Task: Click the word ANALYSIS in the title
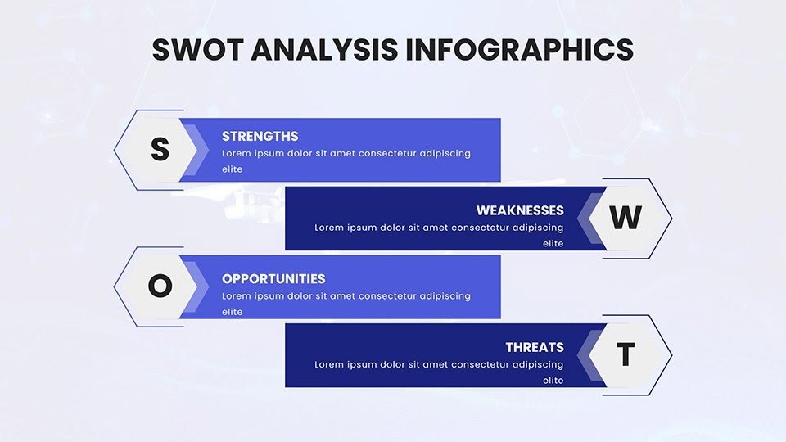[x=324, y=50]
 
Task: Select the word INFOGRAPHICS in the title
[x=519, y=50]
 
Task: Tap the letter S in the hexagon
[x=160, y=149]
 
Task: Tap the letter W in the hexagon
[x=625, y=218]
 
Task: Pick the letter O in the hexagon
[x=160, y=286]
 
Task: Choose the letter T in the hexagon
[x=625, y=354]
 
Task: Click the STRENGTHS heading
[x=260, y=137]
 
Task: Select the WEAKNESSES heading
[x=520, y=210]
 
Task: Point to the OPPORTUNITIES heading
[x=273, y=279]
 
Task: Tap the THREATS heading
[x=535, y=347]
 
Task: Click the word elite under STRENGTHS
[x=232, y=169]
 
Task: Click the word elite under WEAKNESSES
[x=553, y=244]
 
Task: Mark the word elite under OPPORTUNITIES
[x=232, y=312]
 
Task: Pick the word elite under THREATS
[x=553, y=381]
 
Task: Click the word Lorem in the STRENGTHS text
[x=236, y=153]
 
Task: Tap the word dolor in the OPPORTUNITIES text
[x=300, y=296]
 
